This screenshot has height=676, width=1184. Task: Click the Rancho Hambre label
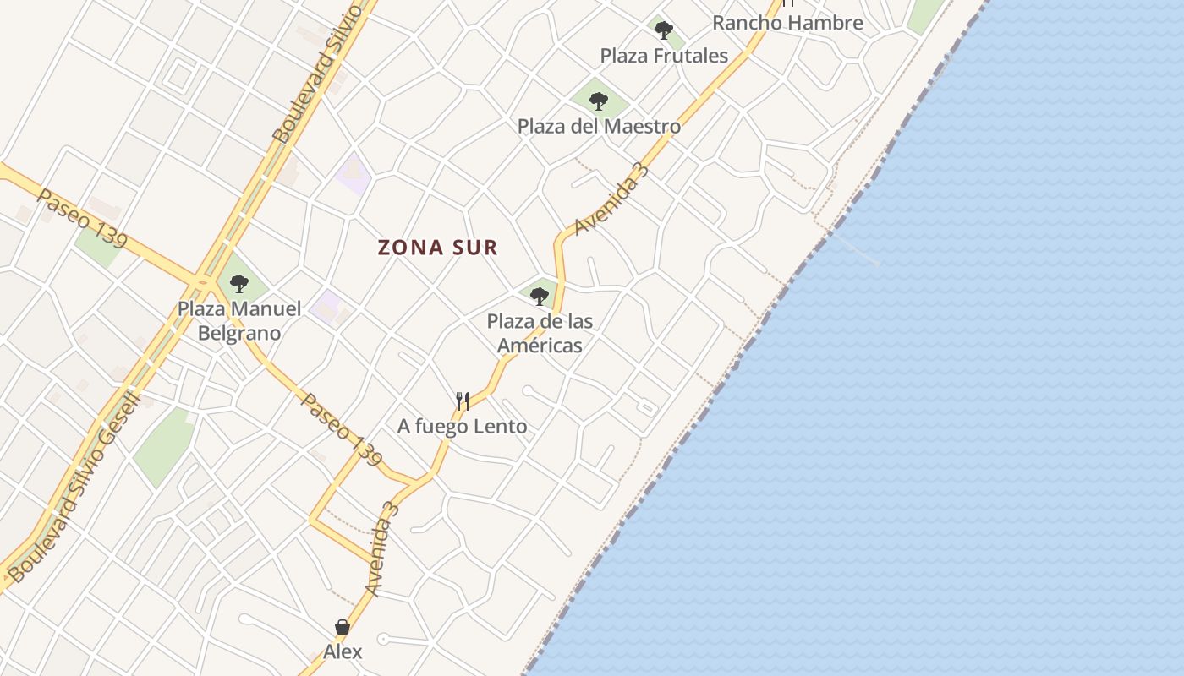[x=787, y=23]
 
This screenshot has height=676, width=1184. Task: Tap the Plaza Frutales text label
[x=664, y=56]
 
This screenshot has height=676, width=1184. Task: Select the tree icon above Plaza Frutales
[x=664, y=30]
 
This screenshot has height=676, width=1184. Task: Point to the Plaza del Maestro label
[x=599, y=127]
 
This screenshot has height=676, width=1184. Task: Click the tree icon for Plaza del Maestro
[x=599, y=101]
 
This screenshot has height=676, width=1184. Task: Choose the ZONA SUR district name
[x=437, y=248]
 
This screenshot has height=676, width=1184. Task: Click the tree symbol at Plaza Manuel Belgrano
[x=239, y=283]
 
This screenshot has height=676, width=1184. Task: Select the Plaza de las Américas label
[x=540, y=333]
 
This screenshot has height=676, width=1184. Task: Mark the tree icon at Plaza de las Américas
[x=540, y=296]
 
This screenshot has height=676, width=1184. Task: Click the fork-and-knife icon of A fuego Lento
[x=463, y=401]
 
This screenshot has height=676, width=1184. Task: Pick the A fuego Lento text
[x=463, y=427]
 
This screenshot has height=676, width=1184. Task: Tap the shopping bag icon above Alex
[x=343, y=627]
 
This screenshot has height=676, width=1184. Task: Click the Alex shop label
[x=343, y=651]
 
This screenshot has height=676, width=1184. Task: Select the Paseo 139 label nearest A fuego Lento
[x=341, y=428]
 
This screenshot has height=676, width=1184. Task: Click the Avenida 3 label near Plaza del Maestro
[x=611, y=199]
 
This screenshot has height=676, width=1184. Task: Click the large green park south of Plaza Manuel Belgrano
[x=165, y=446]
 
